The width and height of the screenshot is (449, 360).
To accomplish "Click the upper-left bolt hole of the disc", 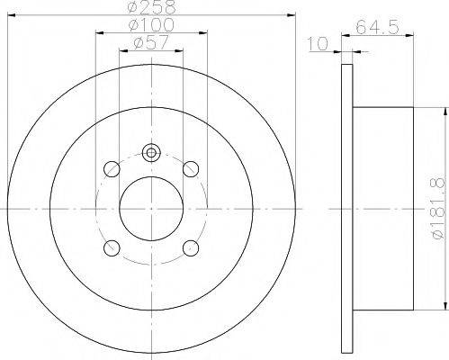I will (x=112, y=167).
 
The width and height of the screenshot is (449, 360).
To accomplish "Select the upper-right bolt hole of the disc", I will (x=190, y=167).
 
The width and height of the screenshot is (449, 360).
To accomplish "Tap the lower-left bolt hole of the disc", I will (x=112, y=247).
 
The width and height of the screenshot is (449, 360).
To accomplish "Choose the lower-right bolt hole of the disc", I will (x=190, y=247).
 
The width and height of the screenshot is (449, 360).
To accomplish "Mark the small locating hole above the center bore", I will (x=151, y=152).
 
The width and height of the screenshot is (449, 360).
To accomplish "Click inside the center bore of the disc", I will (x=150, y=207).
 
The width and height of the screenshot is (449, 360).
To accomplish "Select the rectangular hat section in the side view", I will (x=384, y=207).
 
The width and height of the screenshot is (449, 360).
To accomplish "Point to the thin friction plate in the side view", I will (x=346, y=207).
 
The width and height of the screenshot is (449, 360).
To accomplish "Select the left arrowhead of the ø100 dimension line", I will (x=98, y=33).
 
